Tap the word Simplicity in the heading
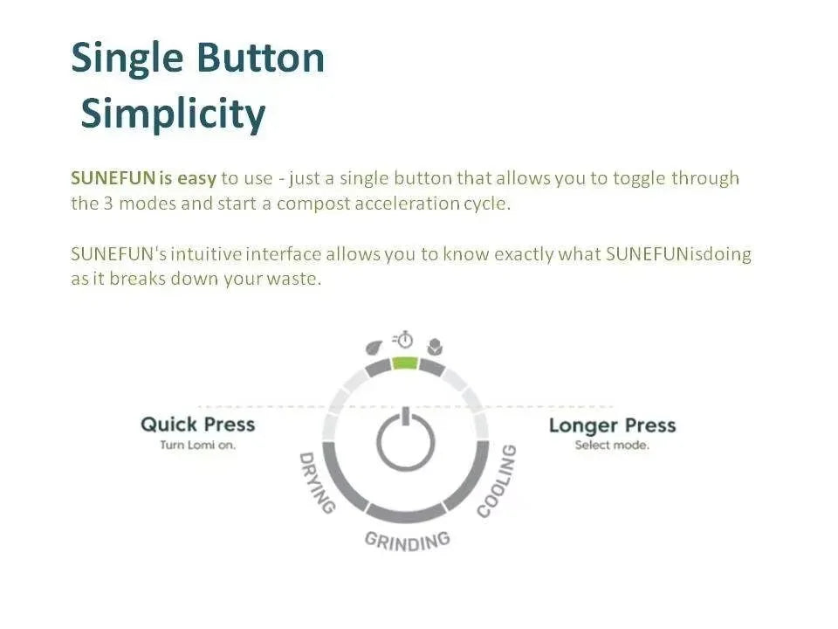pyautogui.click(x=173, y=114)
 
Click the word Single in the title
pyautogui.click(x=127, y=59)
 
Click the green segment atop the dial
pyautogui.click(x=404, y=363)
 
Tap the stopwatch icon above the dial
pyautogui.click(x=403, y=339)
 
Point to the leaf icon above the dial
pyautogui.click(x=374, y=348)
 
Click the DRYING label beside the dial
pyautogui.click(x=317, y=482)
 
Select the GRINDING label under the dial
pyautogui.click(x=408, y=541)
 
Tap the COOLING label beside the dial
pyautogui.click(x=497, y=481)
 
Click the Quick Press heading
pyautogui.click(x=198, y=425)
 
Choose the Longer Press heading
pyautogui.click(x=613, y=425)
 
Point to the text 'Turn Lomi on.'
pyautogui.click(x=198, y=445)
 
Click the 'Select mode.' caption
pyautogui.click(x=612, y=445)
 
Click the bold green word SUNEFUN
pyautogui.click(x=113, y=178)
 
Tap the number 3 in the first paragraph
pyautogui.click(x=108, y=204)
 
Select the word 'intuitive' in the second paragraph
pyautogui.click(x=206, y=254)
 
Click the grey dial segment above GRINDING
pyautogui.click(x=406, y=514)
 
